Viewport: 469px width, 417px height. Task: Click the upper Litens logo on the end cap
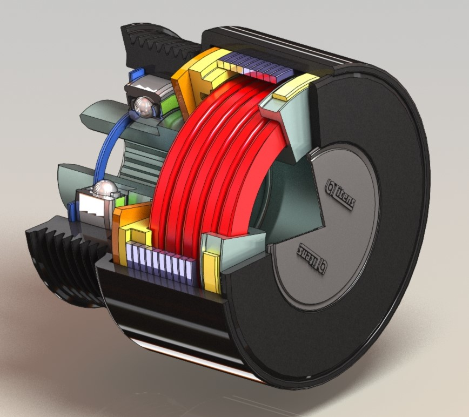pos(339,196)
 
